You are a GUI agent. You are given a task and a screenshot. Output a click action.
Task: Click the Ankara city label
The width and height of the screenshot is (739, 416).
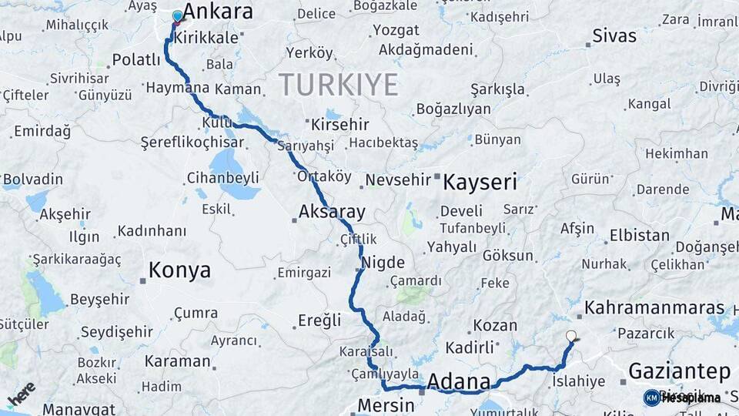click(219, 12)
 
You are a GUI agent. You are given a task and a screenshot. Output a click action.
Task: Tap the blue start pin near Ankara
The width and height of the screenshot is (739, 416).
click(178, 16)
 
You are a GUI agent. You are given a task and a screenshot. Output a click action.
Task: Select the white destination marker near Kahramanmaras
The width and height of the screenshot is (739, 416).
click(571, 336)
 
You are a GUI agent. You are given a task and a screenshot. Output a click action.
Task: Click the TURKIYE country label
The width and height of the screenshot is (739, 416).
click(338, 84)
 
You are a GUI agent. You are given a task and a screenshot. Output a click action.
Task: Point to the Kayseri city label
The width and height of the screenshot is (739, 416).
click(480, 183)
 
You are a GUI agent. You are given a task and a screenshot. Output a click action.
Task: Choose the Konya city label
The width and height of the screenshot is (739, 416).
click(179, 270)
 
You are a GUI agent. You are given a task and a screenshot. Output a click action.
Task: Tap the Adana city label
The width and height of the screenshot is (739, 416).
click(458, 381)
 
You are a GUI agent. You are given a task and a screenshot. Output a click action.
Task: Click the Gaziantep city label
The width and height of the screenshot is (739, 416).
click(679, 371)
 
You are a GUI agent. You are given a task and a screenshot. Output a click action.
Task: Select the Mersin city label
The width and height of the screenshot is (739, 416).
click(386, 405)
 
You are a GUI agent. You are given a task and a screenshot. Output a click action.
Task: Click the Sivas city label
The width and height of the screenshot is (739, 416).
click(614, 36)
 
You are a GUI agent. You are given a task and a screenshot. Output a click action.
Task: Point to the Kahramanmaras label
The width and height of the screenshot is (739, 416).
click(654, 308)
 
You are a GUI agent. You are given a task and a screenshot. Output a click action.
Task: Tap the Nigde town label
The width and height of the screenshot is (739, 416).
click(383, 261)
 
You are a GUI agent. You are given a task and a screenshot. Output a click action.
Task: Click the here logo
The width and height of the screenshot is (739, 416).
click(22, 394)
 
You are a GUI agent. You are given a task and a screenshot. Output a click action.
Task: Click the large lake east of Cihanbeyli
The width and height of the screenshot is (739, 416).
click(225, 164)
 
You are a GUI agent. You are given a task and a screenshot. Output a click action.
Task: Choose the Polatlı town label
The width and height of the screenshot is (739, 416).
click(136, 59)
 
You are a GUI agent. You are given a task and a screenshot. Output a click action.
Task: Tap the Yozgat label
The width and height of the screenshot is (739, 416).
click(396, 31)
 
